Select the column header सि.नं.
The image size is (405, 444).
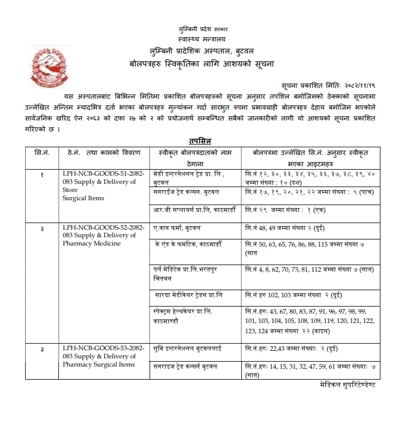[41, 152]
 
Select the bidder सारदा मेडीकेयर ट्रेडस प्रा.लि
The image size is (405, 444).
[189, 295]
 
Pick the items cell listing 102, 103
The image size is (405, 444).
[291, 295]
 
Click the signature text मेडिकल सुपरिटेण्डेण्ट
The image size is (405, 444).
[348, 385]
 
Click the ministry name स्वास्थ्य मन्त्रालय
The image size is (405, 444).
[201, 39]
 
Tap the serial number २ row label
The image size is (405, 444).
[41, 227]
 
